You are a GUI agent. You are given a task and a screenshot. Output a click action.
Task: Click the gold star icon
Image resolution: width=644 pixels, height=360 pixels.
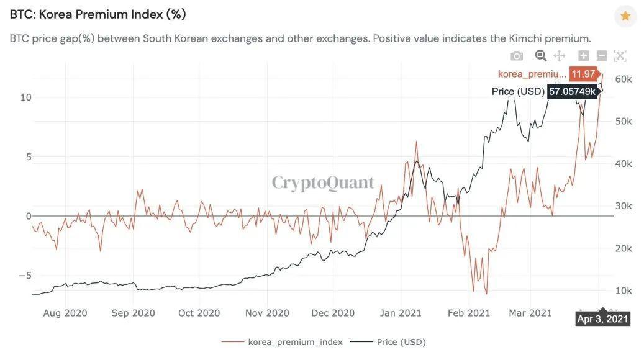[625, 16]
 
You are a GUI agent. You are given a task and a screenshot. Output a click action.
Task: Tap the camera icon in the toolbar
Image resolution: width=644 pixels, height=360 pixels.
[517, 56]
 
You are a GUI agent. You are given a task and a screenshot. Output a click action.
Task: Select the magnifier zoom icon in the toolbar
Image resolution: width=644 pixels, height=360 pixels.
[541, 56]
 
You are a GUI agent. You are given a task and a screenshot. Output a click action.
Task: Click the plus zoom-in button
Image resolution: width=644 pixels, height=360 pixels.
[584, 56]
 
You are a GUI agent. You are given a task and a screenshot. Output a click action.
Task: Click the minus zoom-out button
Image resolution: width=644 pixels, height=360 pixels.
[602, 56]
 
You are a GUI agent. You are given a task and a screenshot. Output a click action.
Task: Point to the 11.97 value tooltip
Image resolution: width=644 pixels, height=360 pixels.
[584, 74]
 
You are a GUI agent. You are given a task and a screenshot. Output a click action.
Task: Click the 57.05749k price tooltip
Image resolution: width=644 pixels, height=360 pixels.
[572, 91]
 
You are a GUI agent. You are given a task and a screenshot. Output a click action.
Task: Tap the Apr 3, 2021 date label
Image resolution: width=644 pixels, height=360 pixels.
[602, 320]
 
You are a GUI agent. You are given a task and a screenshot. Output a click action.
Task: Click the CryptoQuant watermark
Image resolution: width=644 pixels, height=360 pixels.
[323, 182]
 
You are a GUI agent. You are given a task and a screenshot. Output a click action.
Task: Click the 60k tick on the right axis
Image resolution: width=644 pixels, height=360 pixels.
[624, 79]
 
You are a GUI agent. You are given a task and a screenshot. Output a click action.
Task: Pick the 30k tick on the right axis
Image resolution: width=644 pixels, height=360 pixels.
[624, 206]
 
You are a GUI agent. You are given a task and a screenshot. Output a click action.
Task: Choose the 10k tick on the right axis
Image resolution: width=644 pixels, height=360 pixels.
[624, 290]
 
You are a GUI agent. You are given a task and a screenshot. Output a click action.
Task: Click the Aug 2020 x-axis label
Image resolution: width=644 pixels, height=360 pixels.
[65, 313]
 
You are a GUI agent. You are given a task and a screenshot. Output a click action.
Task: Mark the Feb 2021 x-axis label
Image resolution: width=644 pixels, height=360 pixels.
[469, 313]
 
